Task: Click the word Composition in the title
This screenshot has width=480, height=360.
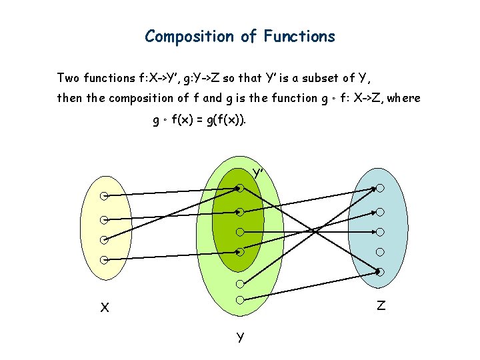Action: [189, 36]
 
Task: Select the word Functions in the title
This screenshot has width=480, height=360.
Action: [299, 36]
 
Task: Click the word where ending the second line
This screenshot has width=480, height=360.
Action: [403, 98]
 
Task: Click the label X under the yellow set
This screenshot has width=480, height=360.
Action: [105, 308]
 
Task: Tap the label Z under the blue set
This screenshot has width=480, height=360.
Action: [381, 306]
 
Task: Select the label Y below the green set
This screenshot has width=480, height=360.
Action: [240, 337]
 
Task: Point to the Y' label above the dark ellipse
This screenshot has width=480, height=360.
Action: [259, 173]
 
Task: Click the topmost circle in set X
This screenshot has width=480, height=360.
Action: [105, 196]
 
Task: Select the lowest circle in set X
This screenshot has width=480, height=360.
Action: [105, 260]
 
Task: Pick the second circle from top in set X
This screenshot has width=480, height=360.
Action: [105, 219]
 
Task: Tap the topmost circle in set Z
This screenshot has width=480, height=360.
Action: [380, 188]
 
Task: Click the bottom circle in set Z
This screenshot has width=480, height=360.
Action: [380, 272]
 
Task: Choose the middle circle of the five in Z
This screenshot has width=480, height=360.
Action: [380, 232]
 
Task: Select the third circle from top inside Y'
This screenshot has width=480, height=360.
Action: [240, 232]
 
